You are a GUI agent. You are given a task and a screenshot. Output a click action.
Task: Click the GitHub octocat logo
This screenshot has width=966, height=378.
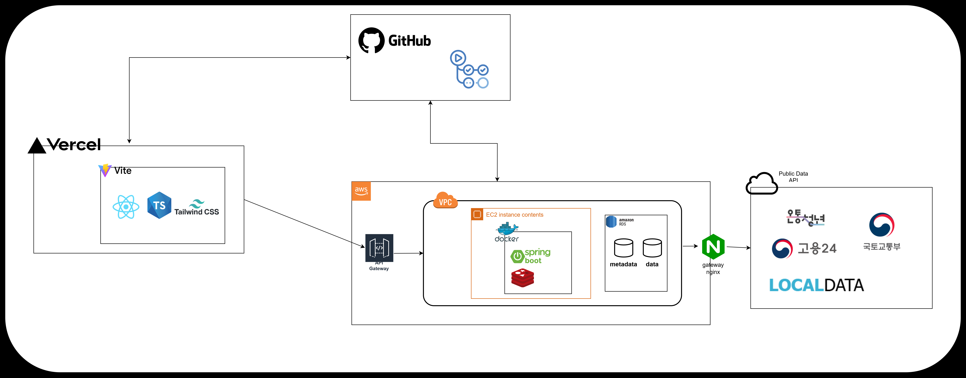pyautogui.click(x=371, y=40)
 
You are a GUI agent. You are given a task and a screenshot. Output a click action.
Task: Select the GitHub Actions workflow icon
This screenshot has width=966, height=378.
pyautogui.click(x=469, y=70)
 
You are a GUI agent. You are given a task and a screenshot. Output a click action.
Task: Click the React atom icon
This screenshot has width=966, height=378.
pyautogui.click(x=126, y=207)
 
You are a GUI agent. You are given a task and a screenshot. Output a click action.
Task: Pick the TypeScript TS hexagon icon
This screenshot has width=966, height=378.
pyautogui.click(x=159, y=205)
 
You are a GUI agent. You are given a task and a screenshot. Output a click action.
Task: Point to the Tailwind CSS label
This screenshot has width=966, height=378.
pyautogui.click(x=196, y=212)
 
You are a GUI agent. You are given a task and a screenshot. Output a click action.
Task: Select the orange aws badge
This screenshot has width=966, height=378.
pyautogui.click(x=361, y=191)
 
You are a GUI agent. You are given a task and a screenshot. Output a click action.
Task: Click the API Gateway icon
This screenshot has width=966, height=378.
pyautogui.click(x=379, y=248)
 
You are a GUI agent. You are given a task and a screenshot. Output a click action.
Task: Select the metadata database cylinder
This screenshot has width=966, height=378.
pyautogui.click(x=623, y=248)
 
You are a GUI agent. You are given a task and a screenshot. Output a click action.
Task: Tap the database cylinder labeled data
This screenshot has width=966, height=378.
pyautogui.click(x=652, y=248)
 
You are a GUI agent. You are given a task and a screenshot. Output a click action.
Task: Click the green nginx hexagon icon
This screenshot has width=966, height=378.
pyautogui.click(x=713, y=247)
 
